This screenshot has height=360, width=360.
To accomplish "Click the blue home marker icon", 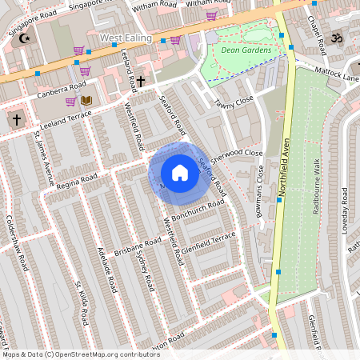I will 179,173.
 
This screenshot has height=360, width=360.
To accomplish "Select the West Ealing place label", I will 125,38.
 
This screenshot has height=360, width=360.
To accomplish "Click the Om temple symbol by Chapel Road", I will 335,38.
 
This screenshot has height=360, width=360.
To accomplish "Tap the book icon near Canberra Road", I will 86,100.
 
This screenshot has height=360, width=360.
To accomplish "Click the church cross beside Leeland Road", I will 141,81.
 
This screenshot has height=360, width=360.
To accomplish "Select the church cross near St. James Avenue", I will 15,119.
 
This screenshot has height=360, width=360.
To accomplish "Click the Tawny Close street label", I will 234,102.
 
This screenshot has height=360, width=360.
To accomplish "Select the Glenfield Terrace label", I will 209,242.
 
